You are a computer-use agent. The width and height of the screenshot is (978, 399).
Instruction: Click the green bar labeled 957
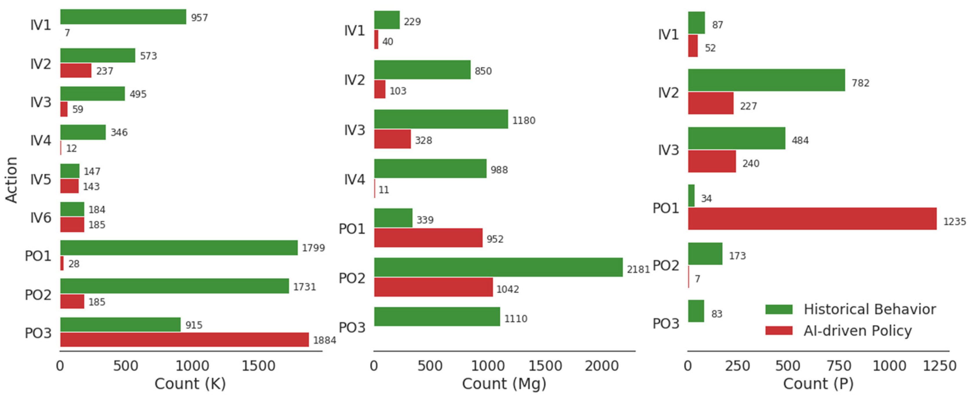(x=123, y=17)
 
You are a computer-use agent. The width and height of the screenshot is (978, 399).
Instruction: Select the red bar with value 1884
(x=184, y=339)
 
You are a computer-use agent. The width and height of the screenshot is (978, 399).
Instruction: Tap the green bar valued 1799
(x=179, y=248)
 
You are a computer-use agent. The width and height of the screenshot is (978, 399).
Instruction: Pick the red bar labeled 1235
(x=812, y=219)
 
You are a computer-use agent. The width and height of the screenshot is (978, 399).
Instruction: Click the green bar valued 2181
(x=498, y=267)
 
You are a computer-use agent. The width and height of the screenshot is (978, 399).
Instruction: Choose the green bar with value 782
(x=767, y=80)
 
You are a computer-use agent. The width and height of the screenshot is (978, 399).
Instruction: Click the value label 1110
(x=515, y=318)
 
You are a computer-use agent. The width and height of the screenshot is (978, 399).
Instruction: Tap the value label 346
(x=119, y=132)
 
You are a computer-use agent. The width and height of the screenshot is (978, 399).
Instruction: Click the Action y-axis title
(x=11, y=179)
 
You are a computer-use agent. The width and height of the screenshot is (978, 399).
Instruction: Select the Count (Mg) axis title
(x=504, y=383)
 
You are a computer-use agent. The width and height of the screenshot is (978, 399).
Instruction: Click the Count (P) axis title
(x=818, y=383)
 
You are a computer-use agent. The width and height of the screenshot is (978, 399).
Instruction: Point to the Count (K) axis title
(x=190, y=383)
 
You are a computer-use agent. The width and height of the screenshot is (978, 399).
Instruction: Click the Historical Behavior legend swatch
(x=779, y=309)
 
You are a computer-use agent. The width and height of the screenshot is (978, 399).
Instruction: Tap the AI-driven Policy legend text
(x=857, y=331)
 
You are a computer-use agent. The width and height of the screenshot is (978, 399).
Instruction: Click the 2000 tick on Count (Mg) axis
(x=602, y=366)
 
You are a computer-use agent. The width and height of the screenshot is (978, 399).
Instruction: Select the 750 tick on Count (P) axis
(x=839, y=366)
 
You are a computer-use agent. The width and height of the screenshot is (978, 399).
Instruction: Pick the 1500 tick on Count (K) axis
(x=258, y=366)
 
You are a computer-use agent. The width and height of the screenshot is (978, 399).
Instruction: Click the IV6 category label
(x=41, y=217)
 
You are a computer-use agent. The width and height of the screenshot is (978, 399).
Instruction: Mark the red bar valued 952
(x=428, y=238)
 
